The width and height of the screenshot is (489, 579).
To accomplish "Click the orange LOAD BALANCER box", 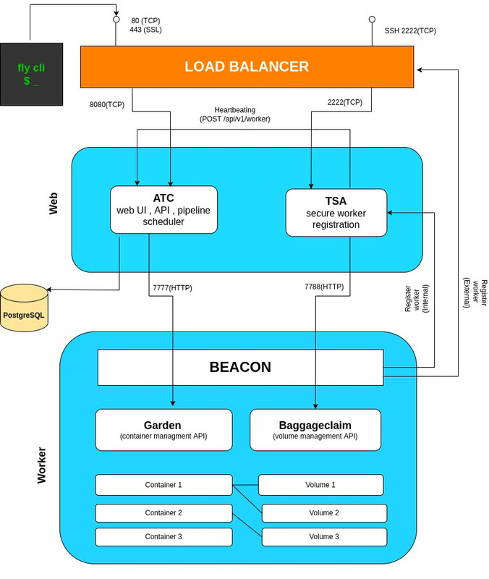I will pyautogui.click(x=247, y=67).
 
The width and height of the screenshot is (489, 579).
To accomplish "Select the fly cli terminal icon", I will pyautogui.click(x=31, y=75).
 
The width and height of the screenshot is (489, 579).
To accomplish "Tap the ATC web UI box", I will pyautogui.click(x=163, y=210).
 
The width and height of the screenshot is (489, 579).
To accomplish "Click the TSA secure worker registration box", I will pyautogui.click(x=336, y=213).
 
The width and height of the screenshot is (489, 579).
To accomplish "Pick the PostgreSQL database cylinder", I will pyautogui.click(x=24, y=308).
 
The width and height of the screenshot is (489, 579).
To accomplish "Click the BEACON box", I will pyautogui.click(x=240, y=368).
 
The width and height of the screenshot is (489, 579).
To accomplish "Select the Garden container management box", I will pyautogui.click(x=163, y=430).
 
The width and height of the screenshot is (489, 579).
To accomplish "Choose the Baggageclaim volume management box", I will pyautogui.click(x=315, y=430).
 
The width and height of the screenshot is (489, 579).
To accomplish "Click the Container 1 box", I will pyautogui.click(x=163, y=485).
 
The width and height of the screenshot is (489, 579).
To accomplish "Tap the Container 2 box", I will pyautogui.click(x=163, y=513).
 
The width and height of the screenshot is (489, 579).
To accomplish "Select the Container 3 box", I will pyautogui.click(x=163, y=537).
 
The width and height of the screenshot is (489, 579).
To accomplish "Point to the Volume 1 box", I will pyautogui.click(x=320, y=485).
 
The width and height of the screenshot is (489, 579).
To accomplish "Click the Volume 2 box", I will pyautogui.click(x=324, y=513).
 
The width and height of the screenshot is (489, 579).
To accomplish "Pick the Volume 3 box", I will pyautogui.click(x=324, y=537).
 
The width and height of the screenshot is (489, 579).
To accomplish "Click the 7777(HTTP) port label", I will pyautogui.click(x=172, y=288).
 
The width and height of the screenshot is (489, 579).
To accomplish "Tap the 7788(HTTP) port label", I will pyautogui.click(x=324, y=287).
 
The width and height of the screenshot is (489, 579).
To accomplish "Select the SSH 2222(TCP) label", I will pyautogui.click(x=410, y=31).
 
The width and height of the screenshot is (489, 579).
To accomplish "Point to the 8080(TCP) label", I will pyautogui.click(x=107, y=105).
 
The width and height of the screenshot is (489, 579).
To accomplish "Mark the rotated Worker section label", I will pyautogui.click(x=42, y=465).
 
